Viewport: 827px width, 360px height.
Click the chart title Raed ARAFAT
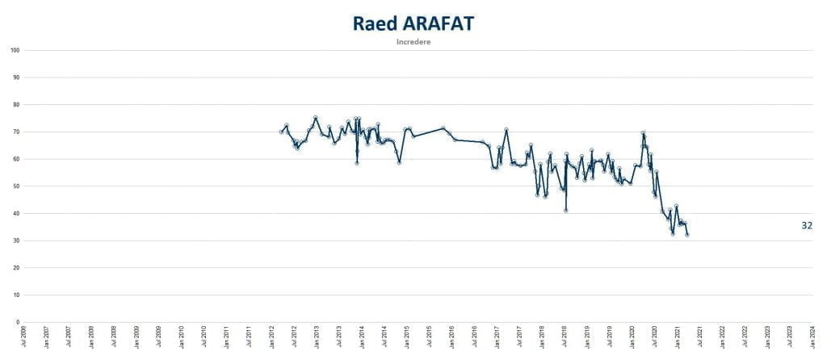(413, 23)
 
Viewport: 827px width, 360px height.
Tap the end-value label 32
(806, 226)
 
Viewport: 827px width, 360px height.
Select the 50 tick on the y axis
(17, 186)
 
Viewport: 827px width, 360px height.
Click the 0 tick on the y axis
(19, 322)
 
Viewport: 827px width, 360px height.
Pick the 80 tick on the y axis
(17, 105)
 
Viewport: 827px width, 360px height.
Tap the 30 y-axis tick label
(17, 241)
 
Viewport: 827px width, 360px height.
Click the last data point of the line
(687, 235)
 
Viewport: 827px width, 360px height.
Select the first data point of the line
(281, 132)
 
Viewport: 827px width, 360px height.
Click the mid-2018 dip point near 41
(566, 211)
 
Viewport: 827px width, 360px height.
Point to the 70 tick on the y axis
(17, 132)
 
